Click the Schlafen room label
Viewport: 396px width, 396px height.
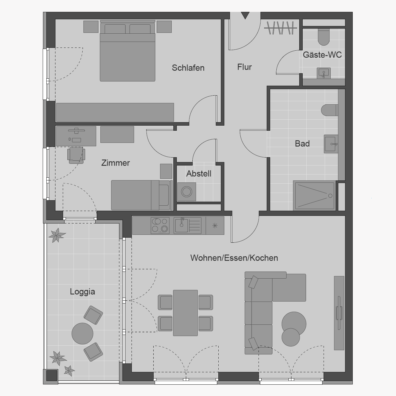pyautogui.click(x=188, y=68)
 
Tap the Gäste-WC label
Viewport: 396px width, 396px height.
pyautogui.click(x=322, y=55)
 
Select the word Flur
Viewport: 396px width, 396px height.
pyautogui.click(x=244, y=67)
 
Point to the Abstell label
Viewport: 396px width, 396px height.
pyautogui.click(x=199, y=174)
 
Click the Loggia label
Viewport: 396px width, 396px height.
pyautogui.click(x=82, y=292)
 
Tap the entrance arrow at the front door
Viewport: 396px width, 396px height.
pyautogui.click(x=245, y=15)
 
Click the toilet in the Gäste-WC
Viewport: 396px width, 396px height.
pyautogui.click(x=324, y=37)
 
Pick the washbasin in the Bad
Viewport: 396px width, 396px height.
pyautogui.click(x=331, y=144)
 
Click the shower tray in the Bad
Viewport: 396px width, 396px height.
pyautogui.click(x=315, y=196)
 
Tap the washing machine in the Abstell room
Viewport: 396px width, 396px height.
pyautogui.click(x=187, y=192)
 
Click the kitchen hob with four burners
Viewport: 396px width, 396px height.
pyautogui.click(x=160, y=225)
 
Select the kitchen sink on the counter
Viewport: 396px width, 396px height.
pyautogui.click(x=188, y=225)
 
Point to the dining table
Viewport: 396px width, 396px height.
pyautogui.click(x=185, y=313)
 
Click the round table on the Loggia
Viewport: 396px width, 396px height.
pyautogui.click(x=82, y=333)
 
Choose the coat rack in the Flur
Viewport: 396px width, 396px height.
pyautogui.click(x=281, y=28)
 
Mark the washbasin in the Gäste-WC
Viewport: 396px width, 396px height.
pyautogui.click(x=324, y=73)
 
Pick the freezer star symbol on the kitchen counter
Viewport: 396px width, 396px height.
pyautogui.click(x=215, y=226)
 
